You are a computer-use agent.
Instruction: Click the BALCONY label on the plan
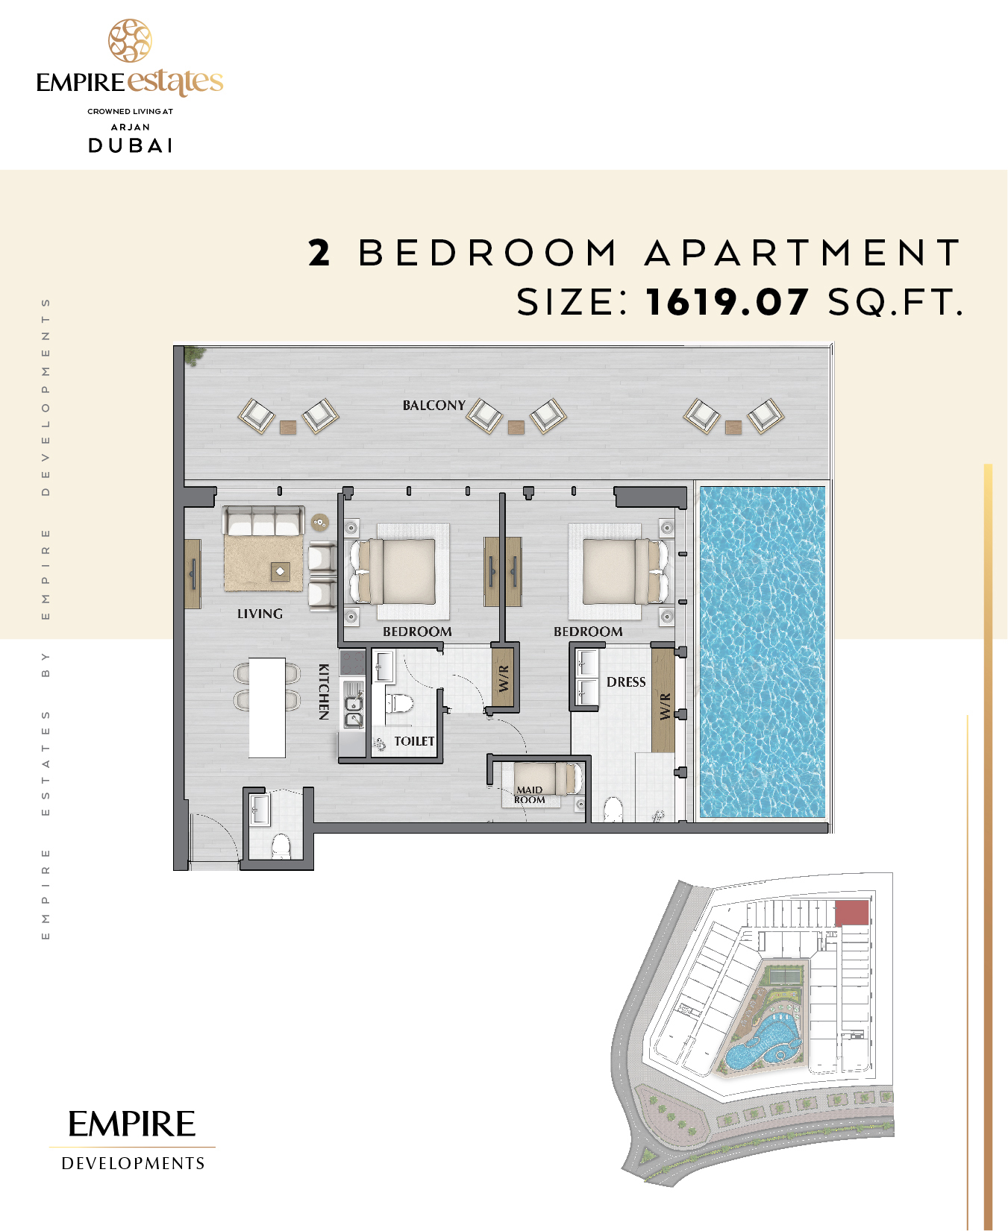tap(434, 406)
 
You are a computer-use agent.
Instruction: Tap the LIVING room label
tap(260, 614)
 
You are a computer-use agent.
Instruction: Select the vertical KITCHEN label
tap(324, 691)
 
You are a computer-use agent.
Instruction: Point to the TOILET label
tap(414, 741)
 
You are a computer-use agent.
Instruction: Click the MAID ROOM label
tap(530, 795)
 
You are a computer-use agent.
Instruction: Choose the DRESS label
tap(626, 682)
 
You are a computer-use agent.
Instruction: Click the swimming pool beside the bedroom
tap(762, 653)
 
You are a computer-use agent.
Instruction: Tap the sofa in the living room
tap(264, 520)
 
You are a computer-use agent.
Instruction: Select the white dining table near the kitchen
tap(267, 708)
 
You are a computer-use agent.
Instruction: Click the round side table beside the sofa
tap(320, 523)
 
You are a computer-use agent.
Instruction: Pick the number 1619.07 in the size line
tap(727, 302)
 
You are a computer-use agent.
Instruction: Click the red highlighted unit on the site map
tap(851, 913)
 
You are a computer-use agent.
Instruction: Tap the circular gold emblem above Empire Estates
tap(130, 41)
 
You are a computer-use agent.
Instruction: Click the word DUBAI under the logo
tap(131, 145)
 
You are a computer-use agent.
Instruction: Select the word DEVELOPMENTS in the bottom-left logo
tap(133, 1163)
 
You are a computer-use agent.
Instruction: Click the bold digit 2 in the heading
tap(319, 253)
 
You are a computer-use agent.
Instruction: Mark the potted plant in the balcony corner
tap(195, 356)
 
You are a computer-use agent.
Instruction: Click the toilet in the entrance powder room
tap(281, 846)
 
